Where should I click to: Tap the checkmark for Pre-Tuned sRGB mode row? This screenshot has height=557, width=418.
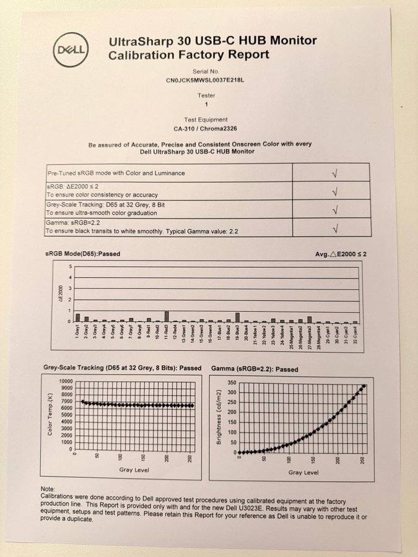(334, 173)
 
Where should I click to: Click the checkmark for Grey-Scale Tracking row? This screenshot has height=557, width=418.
(334, 209)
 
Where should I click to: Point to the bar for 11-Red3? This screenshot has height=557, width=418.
(167, 316)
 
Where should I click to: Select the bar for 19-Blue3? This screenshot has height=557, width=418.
(237, 317)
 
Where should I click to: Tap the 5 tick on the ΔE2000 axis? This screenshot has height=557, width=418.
(71, 267)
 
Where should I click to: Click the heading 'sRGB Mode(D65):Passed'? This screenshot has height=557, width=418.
(82, 254)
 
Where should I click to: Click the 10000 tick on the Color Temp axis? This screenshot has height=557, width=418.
(64, 381)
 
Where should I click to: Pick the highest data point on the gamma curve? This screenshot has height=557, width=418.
(364, 386)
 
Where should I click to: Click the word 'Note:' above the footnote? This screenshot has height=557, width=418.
(48, 489)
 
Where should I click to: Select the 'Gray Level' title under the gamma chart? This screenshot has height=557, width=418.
(303, 472)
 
